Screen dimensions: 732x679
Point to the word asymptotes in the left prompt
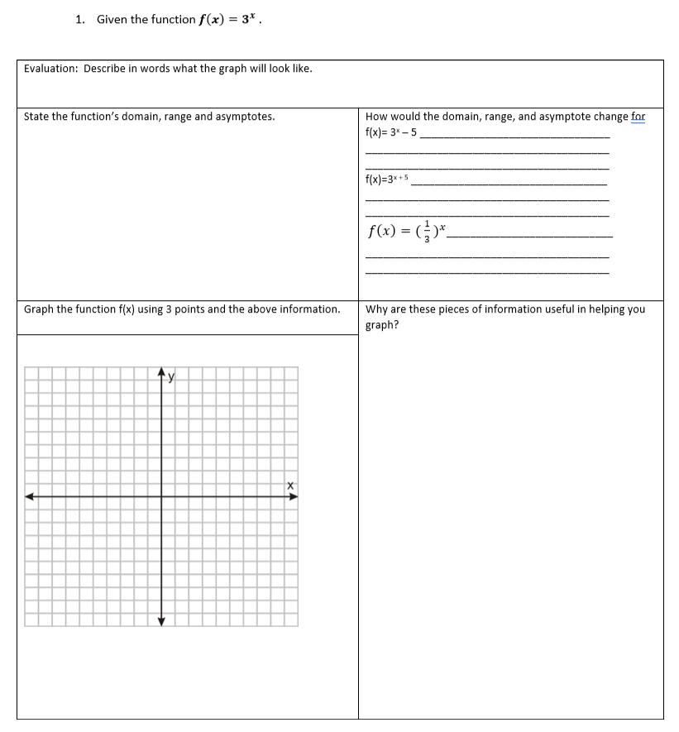click(x=245, y=117)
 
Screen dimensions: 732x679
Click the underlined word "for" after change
click(x=638, y=117)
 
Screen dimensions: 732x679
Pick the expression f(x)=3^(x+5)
click(x=387, y=179)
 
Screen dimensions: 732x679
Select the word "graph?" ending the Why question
click(x=382, y=324)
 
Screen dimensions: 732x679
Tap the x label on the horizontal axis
click(x=290, y=486)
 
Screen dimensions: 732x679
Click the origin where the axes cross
click(x=161, y=497)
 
